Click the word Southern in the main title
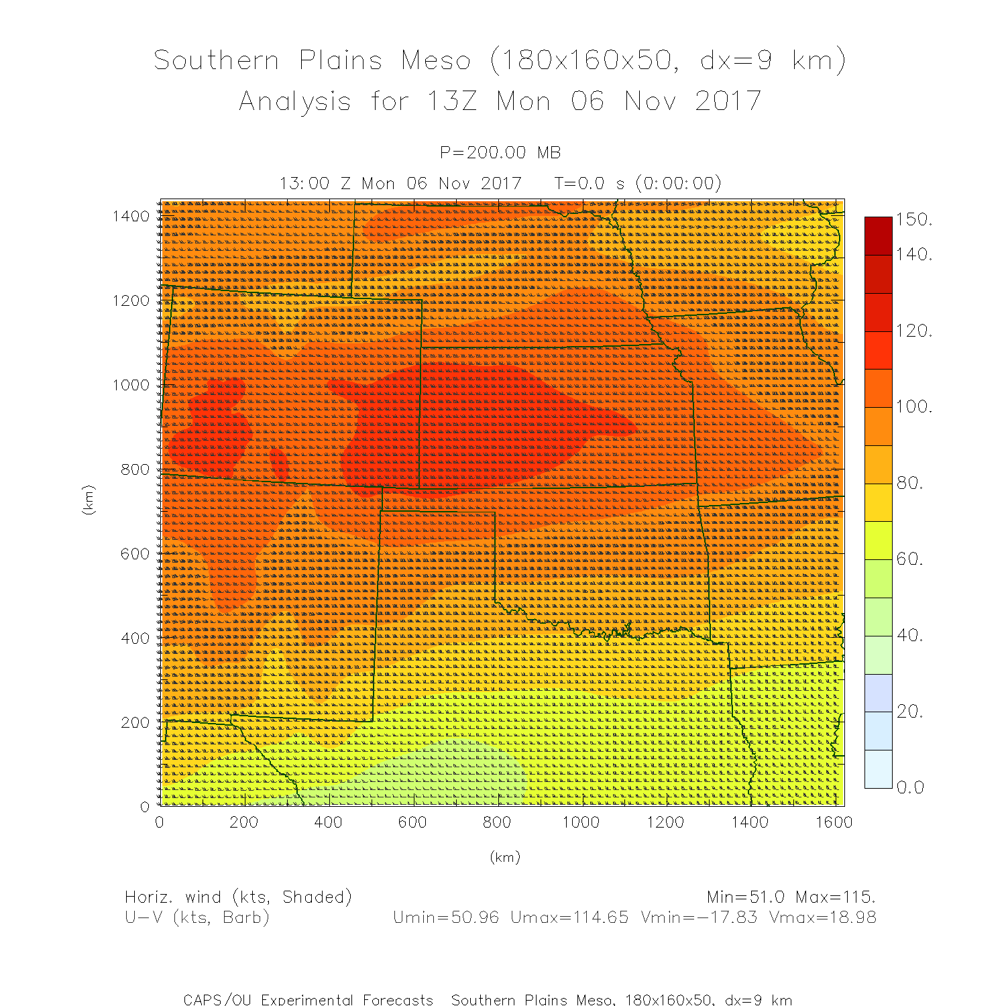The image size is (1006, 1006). click(x=216, y=61)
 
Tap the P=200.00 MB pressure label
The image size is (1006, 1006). click(x=500, y=153)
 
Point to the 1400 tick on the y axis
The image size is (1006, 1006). click(x=131, y=216)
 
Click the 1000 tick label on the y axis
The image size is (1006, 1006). click(x=131, y=385)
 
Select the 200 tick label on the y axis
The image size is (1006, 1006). click(x=135, y=722)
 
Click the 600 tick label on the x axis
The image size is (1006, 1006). click(x=412, y=823)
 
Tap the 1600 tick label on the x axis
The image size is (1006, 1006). click(x=834, y=823)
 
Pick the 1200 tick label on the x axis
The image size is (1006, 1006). click(x=665, y=823)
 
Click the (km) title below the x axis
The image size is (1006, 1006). click(x=504, y=857)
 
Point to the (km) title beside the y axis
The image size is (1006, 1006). click(x=88, y=500)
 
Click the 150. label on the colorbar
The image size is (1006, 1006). click(x=914, y=220)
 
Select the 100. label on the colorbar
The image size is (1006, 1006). click(x=914, y=406)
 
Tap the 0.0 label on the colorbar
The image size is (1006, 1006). click(x=910, y=787)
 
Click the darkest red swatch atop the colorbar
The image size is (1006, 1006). click(x=879, y=235)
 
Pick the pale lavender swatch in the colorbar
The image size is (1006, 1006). click(x=879, y=693)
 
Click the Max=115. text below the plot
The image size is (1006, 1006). click(x=835, y=897)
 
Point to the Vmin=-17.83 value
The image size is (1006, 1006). click(x=699, y=917)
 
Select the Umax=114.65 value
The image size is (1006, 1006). click(x=569, y=917)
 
